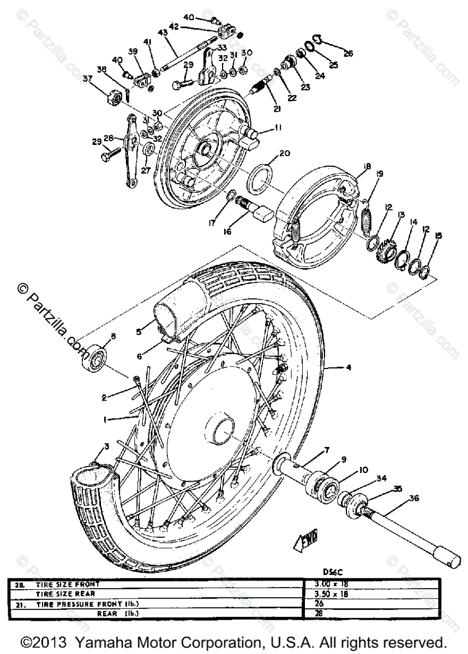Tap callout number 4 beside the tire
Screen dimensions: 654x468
tap(349, 367)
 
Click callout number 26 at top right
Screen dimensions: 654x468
tap(348, 53)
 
